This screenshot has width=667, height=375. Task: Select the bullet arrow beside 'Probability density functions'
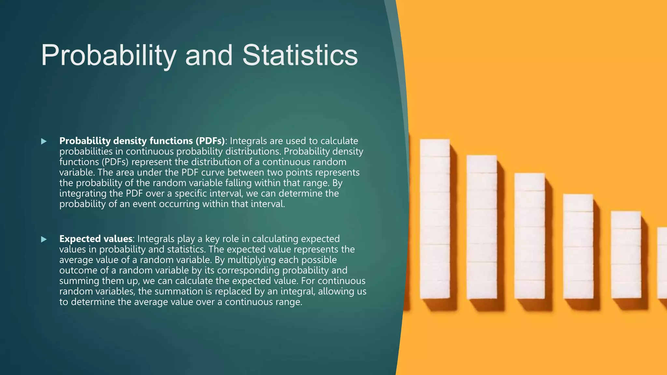(44, 141)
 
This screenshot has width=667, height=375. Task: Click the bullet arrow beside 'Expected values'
(44, 240)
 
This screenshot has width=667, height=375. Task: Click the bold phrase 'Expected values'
(96, 239)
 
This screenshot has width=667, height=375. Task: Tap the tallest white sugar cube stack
(435, 219)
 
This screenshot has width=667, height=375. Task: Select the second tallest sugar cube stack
(482, 227)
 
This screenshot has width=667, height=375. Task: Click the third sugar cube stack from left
(530, 236)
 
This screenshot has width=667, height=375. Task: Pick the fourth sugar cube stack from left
(578, 246)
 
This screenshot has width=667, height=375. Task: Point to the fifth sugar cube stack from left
(626, 255)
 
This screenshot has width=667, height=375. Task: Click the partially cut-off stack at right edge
(662, 263)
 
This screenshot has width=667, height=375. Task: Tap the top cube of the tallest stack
(435, 148)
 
